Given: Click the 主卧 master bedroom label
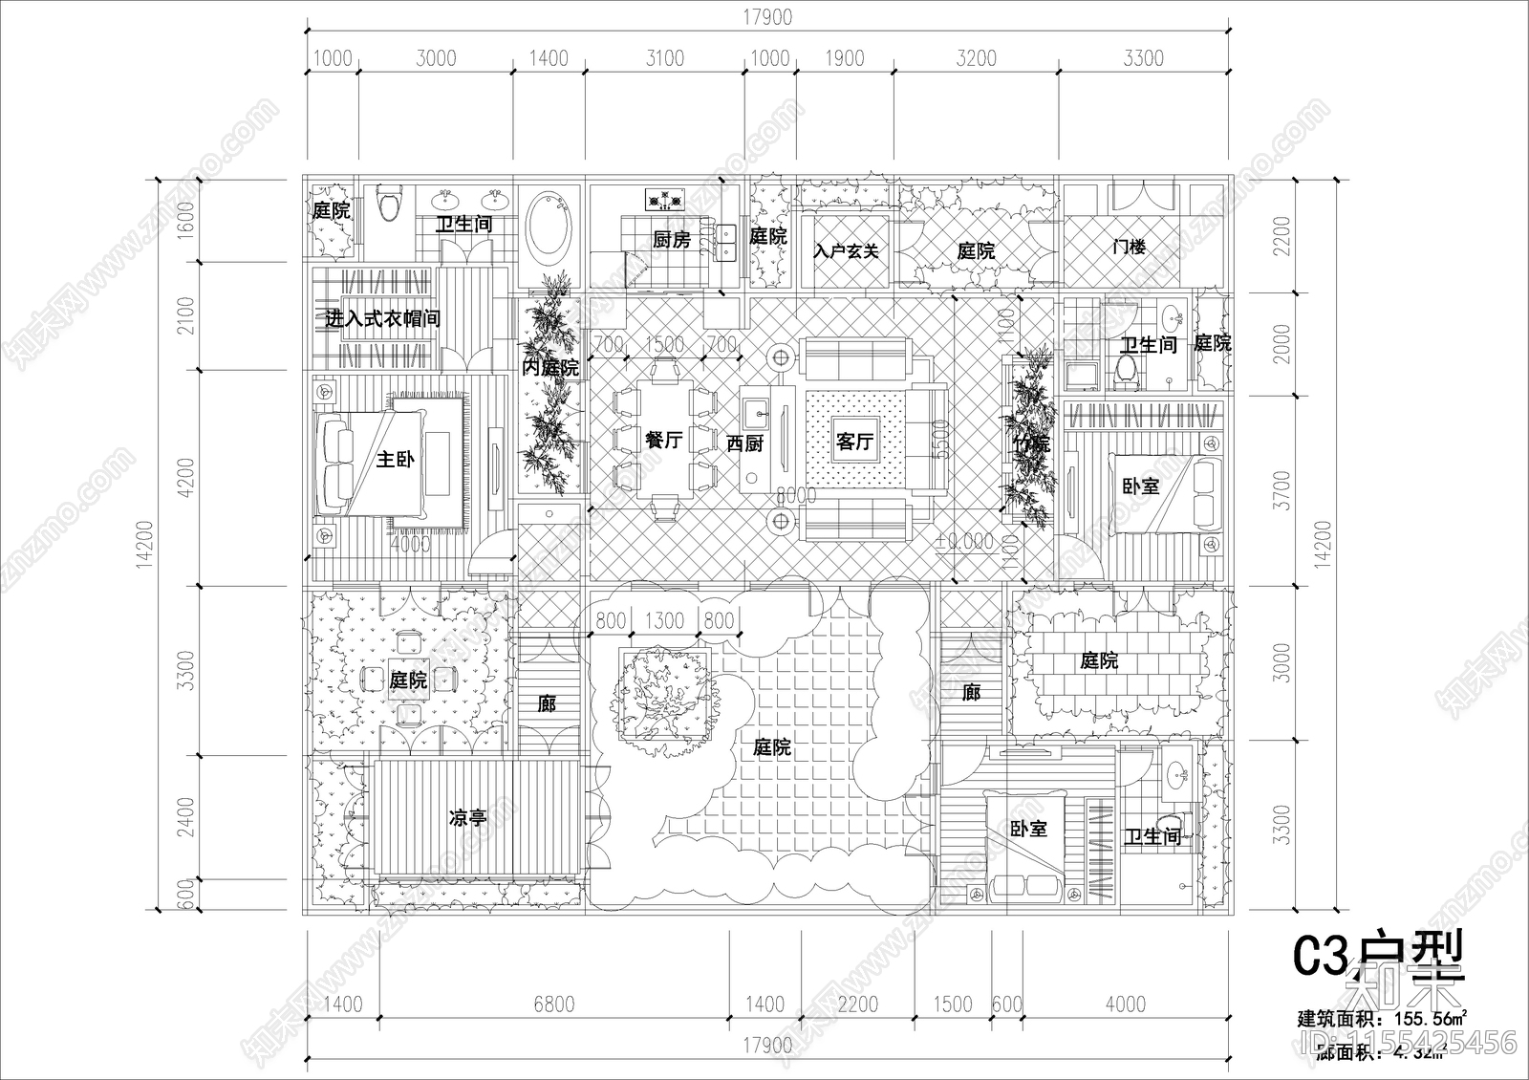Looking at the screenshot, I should coord(395,460).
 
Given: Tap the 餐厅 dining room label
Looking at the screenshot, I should coord(663,441).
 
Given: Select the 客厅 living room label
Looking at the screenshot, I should coord(854,442).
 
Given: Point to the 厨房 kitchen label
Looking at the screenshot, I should coord(671,240).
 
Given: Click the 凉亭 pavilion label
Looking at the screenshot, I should coord(468,818).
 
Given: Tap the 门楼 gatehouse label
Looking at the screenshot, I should coord(1129,248).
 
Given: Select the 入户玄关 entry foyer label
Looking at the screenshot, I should coord(846,251).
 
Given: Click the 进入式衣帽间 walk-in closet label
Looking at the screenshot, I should coord(382,318).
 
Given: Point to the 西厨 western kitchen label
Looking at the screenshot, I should coord(744,443).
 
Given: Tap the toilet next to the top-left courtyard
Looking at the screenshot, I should coord(389,205).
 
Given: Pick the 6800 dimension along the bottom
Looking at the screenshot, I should coord(553,1004).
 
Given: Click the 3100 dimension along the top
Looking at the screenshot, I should coord(664,58).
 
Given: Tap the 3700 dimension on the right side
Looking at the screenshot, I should coord(1282,489).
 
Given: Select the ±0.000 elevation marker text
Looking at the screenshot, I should coord(964,542).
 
